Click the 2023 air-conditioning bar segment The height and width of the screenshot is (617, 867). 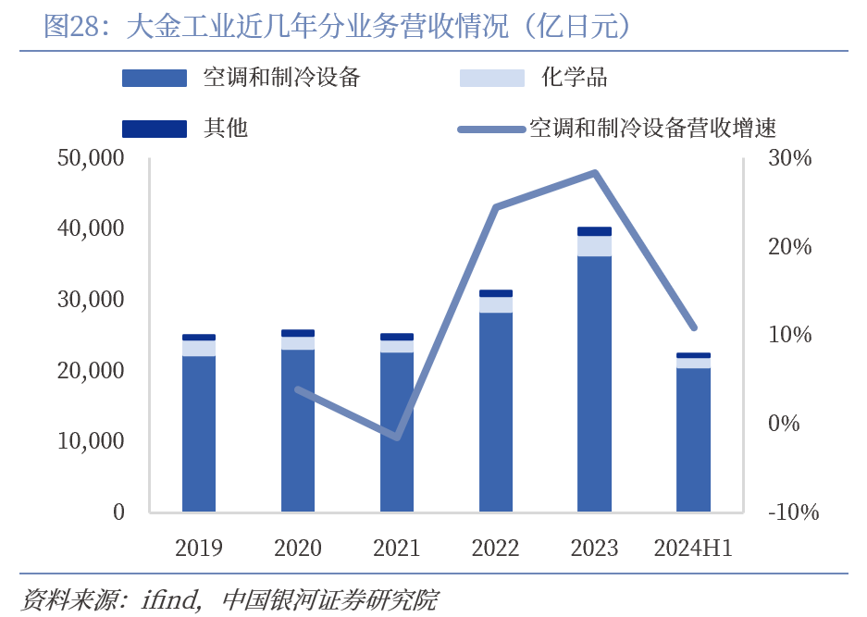[594, 383]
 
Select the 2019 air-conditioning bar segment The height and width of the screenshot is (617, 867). [199, 433]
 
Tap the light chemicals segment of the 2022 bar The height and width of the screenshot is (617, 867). [496, 304]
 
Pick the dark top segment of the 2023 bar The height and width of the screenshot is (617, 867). [594, 231]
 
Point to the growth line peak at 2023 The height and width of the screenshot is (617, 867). [596, 173]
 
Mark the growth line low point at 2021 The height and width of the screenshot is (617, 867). [397, 437]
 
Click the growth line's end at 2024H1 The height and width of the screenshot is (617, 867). [694, 328]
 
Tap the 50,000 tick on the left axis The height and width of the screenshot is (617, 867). [91, 158]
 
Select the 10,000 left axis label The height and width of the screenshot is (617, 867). [91, 441]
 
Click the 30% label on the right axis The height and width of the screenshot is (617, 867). [789, 158]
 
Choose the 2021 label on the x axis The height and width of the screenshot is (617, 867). [396, 549]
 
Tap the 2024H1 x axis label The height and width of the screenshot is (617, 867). [693, 549]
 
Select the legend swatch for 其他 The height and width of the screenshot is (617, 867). [155, 128]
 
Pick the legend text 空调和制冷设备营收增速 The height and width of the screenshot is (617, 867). [651, 128]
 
